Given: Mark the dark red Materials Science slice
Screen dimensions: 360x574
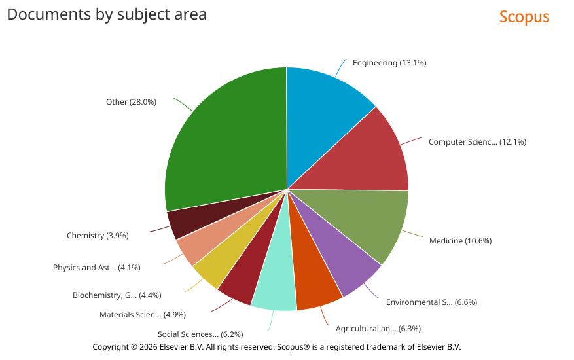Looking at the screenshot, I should [x=242, y=275].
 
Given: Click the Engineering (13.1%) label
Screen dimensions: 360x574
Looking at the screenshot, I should [x=389, y=63].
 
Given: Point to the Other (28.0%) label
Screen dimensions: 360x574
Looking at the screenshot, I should [x=131, y=102].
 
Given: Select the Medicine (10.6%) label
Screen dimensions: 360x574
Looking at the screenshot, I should [x=460, y=241].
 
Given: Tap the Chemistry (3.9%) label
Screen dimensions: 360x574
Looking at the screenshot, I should [x=98, y=236].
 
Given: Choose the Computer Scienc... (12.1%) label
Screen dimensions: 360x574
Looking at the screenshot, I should [x=477, y=142].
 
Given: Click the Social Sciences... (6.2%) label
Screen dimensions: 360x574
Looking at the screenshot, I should [x=200, y=334].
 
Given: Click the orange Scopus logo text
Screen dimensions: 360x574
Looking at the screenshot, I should [x=524, y=17].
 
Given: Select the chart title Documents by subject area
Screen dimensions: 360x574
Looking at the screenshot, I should [x=107, y=14].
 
